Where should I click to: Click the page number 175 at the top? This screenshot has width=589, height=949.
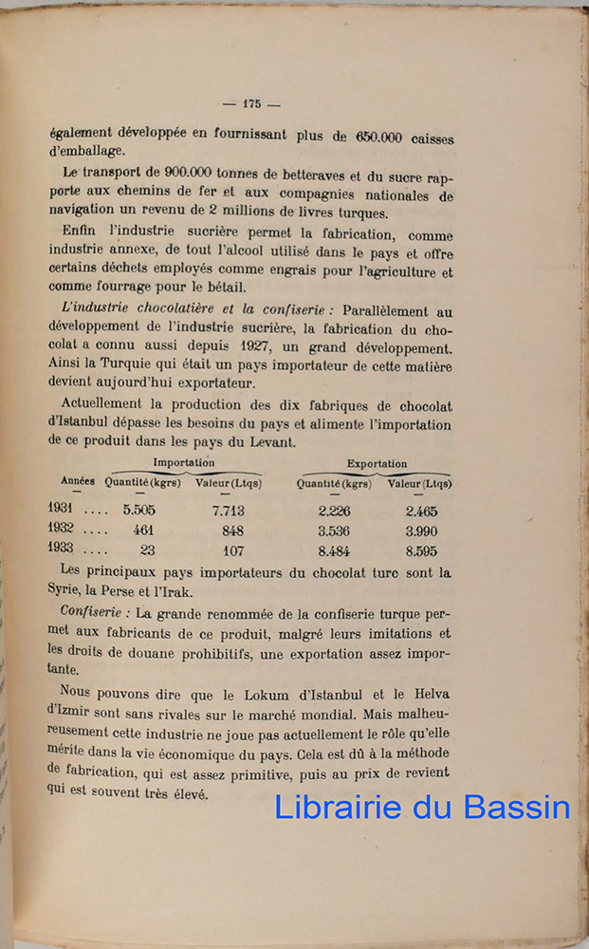[251, 104]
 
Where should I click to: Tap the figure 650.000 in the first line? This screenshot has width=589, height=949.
[378, 137]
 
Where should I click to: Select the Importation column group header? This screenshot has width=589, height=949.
[184, 463]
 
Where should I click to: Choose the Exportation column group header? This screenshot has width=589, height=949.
[377, 464]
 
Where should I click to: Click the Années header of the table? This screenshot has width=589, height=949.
[78, 481]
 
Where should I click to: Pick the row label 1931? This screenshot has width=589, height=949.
[62, 510]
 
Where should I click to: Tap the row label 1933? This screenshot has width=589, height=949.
[62, 550]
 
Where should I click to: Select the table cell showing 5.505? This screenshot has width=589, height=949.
[139, 511]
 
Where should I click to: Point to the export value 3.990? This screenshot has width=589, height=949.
[420, 530]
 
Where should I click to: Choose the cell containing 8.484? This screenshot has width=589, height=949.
[334, 551]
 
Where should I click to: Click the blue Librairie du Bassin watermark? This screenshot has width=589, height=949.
[423, 807]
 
